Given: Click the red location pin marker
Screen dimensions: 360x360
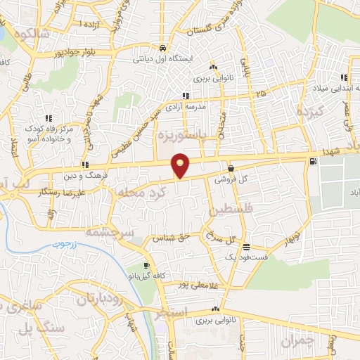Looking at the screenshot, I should pyautogui.click(x=181, y=165).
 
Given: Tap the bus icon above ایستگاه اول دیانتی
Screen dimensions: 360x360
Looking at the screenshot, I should pyautogui.click(x=163, y=48).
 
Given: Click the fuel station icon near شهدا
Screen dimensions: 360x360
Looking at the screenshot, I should pyautogui.click(x=312, y=161).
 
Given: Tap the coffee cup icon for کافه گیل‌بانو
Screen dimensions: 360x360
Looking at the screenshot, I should pyautogui.click(x=146, y=265).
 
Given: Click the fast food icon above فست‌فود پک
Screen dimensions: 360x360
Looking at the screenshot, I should pyautogui.click(x=246, y=247).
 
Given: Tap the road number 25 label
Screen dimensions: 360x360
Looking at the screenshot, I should pyautogui.click(x=262, y=93).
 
